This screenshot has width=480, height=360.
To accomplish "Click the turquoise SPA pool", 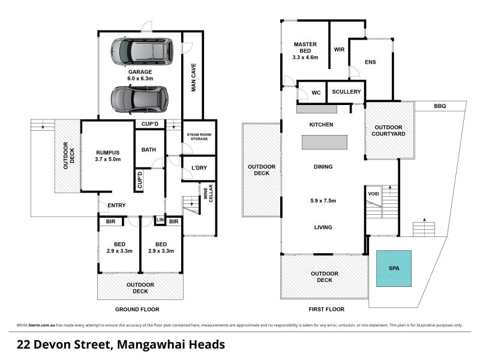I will pos(394,268).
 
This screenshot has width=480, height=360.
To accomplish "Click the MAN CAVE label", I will pos(194,78).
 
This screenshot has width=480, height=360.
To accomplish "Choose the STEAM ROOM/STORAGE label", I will pos(197,137).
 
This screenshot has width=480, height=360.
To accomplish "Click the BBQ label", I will pos(440,106).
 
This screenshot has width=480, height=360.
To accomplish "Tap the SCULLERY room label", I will pos(346,92).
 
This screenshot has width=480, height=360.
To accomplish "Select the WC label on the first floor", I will pos(316,93).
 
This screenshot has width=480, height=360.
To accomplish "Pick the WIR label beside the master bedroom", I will pos(338,49).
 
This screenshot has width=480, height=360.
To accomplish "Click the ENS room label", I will pos(370,62).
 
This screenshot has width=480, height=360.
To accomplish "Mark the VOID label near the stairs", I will pos(373,194).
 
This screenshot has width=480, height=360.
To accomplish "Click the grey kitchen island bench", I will pos(324,142).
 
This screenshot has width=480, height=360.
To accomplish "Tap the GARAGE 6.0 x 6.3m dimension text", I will pos(140,78).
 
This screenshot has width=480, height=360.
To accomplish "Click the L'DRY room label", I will pos(199,167).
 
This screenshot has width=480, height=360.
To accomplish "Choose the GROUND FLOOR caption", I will pos(137,310).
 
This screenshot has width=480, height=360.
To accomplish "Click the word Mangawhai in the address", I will pos(152,345).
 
